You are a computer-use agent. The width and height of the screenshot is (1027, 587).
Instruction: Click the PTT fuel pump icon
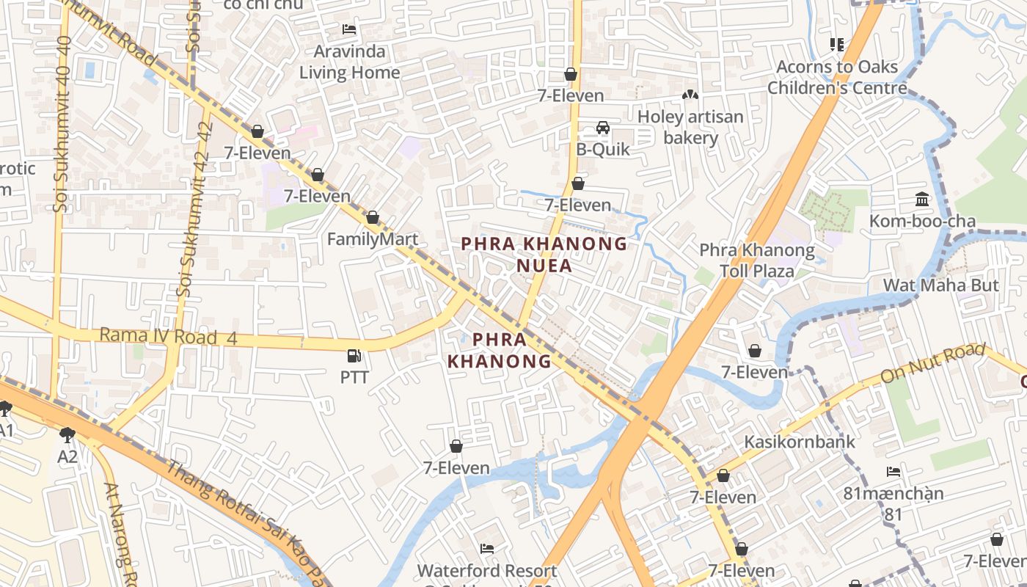pos(354,357)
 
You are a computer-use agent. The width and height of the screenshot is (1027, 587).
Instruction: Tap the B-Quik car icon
pos(602,128)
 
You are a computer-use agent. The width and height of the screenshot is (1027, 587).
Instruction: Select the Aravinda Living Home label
pos(350,62)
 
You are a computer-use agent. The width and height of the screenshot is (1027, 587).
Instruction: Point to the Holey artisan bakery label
pos(690,127)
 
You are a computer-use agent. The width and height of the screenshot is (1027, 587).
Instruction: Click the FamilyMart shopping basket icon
pos(373,218)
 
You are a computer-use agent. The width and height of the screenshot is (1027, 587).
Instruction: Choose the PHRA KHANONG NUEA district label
pos(544,254)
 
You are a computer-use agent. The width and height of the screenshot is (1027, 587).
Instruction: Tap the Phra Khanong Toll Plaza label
pos(756,260)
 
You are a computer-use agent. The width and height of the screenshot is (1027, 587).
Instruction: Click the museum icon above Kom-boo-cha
pos(922,200)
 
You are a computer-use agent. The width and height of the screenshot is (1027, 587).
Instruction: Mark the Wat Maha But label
pos(940,285)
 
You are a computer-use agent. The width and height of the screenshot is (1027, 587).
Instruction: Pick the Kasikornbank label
pos(800,442)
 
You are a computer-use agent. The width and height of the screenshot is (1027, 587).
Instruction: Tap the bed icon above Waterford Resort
pos(486,549)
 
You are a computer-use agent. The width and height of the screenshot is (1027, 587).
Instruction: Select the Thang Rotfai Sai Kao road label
pos(242,521)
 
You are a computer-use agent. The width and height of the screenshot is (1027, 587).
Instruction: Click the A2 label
pos(67,456)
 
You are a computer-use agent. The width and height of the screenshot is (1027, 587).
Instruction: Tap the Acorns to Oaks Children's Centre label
pos(837,77)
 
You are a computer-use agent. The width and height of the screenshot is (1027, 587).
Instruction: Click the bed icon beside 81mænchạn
pos(893,472)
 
